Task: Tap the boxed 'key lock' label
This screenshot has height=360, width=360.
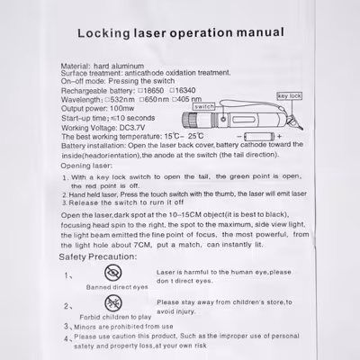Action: click(290, 95)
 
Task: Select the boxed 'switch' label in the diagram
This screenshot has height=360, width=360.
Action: click(204, 106)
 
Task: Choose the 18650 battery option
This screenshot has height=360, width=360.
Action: click(150, 91)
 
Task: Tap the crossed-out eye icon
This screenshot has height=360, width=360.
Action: click(113, 273)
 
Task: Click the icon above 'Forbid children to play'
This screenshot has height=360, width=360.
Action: click(113, 303)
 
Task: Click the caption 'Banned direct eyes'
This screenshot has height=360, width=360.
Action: click(116, 287)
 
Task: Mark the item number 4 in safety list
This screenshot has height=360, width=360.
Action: click(66, 338)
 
